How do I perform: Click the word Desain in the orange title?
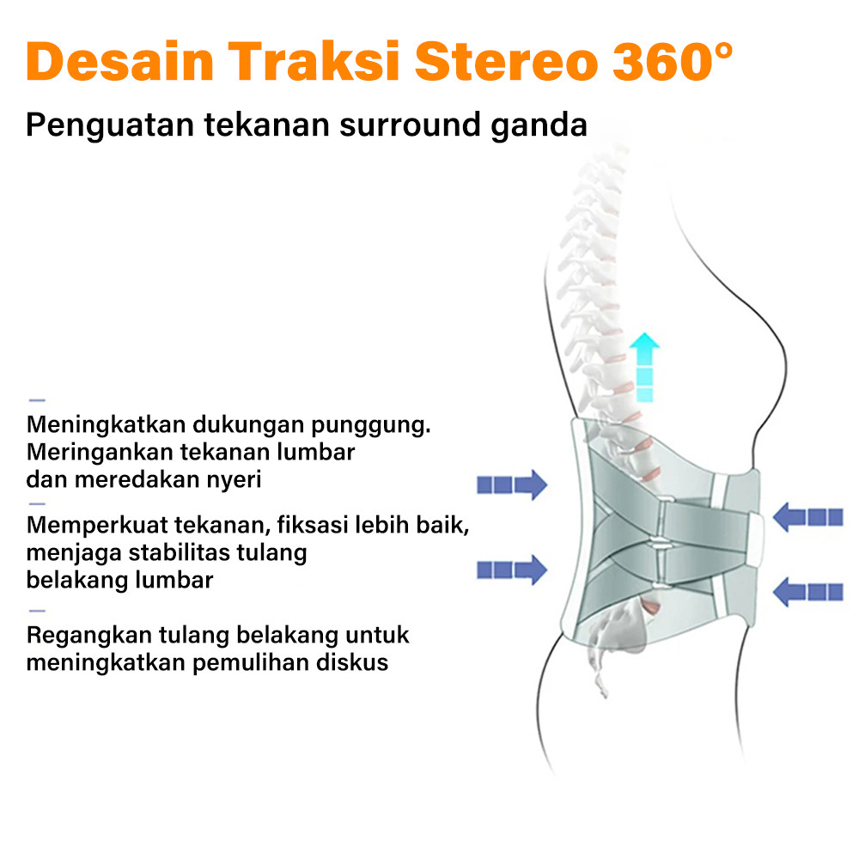pyautogui.click(x=120, y=61)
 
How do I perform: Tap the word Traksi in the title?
pyautogui.click(x=314, y=61)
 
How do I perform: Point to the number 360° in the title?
pyautogui.click(x=673, y=61)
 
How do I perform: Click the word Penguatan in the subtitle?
pyautogui.click(x=110, y=125)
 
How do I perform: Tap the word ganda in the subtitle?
pyautogui.click(x=539, y=125)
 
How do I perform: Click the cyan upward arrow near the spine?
pyautogui.click(x=644, y=367)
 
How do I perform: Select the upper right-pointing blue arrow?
pyautogui.click(x=512, y=484)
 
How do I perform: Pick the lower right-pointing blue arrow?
pyautogui.click(x=512, y=570)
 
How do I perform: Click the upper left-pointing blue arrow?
pyautogui.click(x=808, y=517)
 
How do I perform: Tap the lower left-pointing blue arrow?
pyautogui.click(x=808, y=592)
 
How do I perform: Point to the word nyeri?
pyautogui.click(x=234, y=480)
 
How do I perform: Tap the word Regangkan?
pyautogui.click(x=89, y=636)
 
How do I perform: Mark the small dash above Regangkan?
pyautogui.click(x=37, y=610)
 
